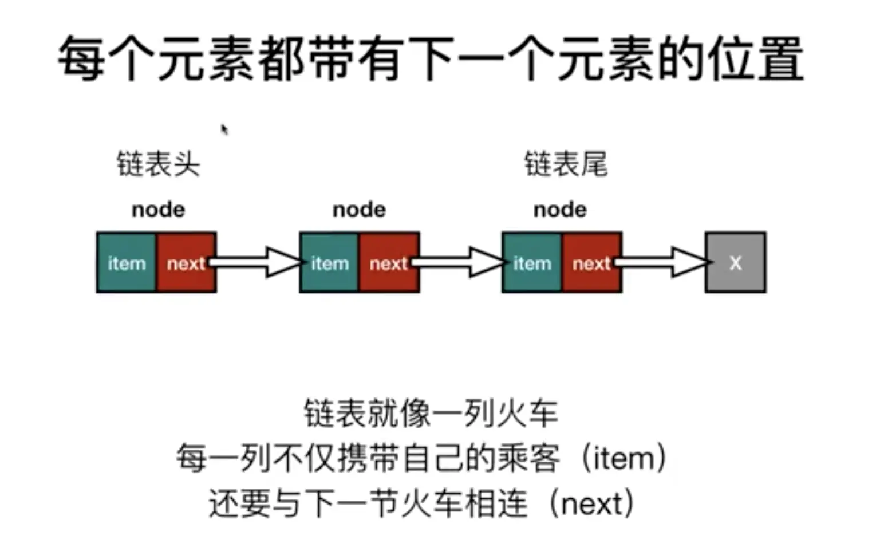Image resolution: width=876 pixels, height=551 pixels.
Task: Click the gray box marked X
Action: click(735, 262)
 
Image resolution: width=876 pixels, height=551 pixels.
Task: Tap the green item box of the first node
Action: click(127, 262)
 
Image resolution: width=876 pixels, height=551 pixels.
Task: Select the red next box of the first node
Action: click(186, 262)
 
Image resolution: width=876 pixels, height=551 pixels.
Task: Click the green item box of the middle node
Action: click(329, 262)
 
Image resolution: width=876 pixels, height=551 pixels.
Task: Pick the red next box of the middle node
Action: click(388, 262)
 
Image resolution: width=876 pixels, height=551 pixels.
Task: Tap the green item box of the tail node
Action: click(532, 262)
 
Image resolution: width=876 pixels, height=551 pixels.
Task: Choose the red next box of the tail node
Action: click(591, 262)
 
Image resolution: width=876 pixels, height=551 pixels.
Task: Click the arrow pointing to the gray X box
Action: click(664, 262)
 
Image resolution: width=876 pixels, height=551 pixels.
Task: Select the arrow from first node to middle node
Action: click(258, 262)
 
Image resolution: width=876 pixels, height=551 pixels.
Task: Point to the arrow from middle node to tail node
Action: click(461, 262)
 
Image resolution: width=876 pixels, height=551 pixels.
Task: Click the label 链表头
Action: click(159, 164)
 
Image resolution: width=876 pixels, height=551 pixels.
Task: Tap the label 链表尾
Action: click(566, 164)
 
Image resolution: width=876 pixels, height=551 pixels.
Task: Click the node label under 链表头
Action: click(159, 210)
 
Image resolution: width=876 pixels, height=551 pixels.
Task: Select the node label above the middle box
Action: click(360, 210)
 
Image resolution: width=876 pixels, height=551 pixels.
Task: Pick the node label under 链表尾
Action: click(560, 210)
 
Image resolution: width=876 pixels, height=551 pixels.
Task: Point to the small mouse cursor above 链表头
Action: click(224, 129)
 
